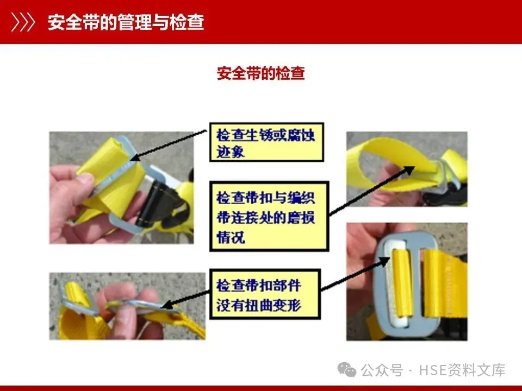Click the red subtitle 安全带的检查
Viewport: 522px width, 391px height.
[260, 73]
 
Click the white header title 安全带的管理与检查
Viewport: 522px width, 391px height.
[126, 22]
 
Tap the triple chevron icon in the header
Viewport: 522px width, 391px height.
[23, 22]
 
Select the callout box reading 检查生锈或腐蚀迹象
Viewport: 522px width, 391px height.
[266, 142]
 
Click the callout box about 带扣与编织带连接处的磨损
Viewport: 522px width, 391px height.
[269, 216]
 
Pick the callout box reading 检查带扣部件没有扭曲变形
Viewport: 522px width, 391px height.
[265, 294]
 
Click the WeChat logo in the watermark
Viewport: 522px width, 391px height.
[346, 370]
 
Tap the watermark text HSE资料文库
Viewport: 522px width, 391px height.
[462, 370]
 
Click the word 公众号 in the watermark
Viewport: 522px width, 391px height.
[382, 370]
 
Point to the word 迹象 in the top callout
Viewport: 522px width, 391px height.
[231, 152]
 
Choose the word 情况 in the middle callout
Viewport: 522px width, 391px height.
[231, 237]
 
